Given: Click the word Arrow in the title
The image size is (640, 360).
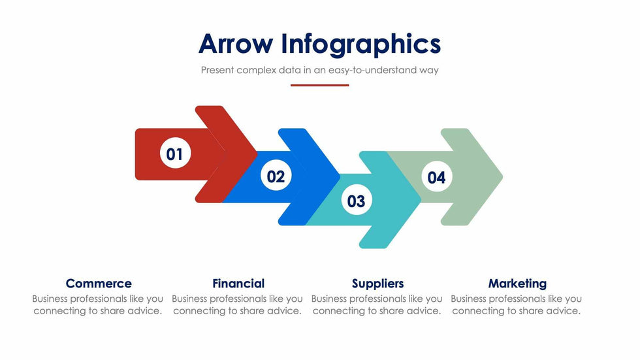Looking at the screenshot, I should coord(236,44).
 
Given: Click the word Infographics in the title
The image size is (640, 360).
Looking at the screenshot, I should coord(361,44).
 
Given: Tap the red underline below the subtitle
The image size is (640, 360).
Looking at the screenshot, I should coord(319,85).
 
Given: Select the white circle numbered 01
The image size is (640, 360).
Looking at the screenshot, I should coord(174,154).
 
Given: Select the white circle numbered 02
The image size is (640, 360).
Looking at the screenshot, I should coord(276,176).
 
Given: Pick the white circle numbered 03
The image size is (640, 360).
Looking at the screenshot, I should coord(356,201).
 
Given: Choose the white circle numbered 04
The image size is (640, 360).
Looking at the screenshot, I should coord(436,177).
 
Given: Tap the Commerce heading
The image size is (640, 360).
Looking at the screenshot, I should coord(99,284).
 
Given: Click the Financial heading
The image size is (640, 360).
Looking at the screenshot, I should coord(238,284).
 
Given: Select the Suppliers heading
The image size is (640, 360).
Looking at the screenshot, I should coord(377,284).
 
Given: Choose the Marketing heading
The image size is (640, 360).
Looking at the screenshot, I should coord(517,284).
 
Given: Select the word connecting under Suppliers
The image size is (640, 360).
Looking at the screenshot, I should coord(339,311).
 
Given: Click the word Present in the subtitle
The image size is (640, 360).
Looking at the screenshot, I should coord(217,70).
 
